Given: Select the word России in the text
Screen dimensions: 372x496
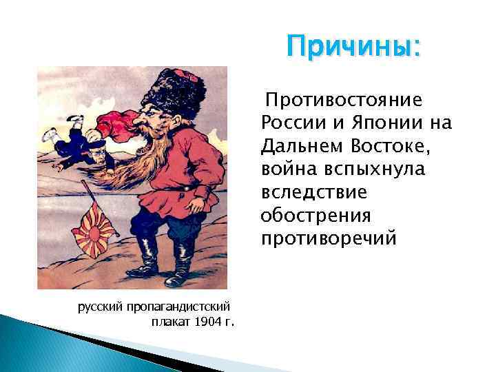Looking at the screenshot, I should pos(289,123).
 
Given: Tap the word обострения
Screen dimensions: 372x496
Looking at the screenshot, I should pos(316,216).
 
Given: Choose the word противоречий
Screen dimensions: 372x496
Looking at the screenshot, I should pos(329,238).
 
